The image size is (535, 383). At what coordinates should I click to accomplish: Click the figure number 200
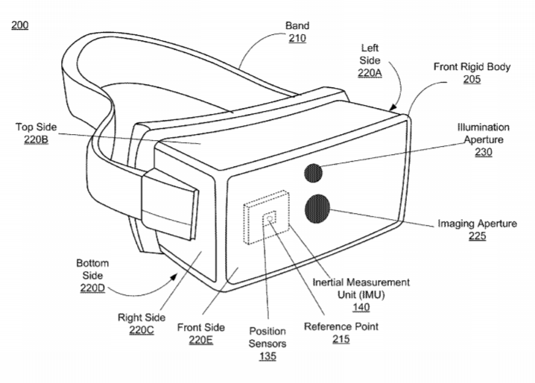point(20,25)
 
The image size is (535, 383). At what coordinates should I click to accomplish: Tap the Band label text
point(297,25)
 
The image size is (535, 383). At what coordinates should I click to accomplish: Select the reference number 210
point(297,38)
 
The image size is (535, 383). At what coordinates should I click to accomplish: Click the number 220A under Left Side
point(370,73)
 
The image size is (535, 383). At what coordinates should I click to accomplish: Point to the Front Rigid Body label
point(472,66)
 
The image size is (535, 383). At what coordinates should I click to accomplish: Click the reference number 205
point(472,79)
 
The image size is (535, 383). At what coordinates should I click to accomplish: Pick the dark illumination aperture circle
point(313,173)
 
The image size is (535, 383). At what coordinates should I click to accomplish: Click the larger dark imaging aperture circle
point(317,209)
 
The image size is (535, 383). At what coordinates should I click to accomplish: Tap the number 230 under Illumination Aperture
point(484,152)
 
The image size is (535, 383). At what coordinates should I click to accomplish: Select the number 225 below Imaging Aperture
point(477,236)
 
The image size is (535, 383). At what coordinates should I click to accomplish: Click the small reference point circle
point(270,218)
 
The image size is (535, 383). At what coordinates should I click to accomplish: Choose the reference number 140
point(361,307)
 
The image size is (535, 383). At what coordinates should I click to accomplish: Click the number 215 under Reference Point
point(341,339)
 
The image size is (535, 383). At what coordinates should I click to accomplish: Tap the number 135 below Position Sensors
point(267,356)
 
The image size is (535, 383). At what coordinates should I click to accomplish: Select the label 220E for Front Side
point(201,340)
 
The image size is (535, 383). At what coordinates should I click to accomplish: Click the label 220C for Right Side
point(142,330)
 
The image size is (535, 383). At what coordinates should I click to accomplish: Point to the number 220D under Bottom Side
point(92,288)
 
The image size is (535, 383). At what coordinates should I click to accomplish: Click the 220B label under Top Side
point(36,139)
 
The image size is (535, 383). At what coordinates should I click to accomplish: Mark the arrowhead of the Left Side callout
point(393,107)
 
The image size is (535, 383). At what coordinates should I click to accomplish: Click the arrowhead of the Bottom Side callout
point(174,276)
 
